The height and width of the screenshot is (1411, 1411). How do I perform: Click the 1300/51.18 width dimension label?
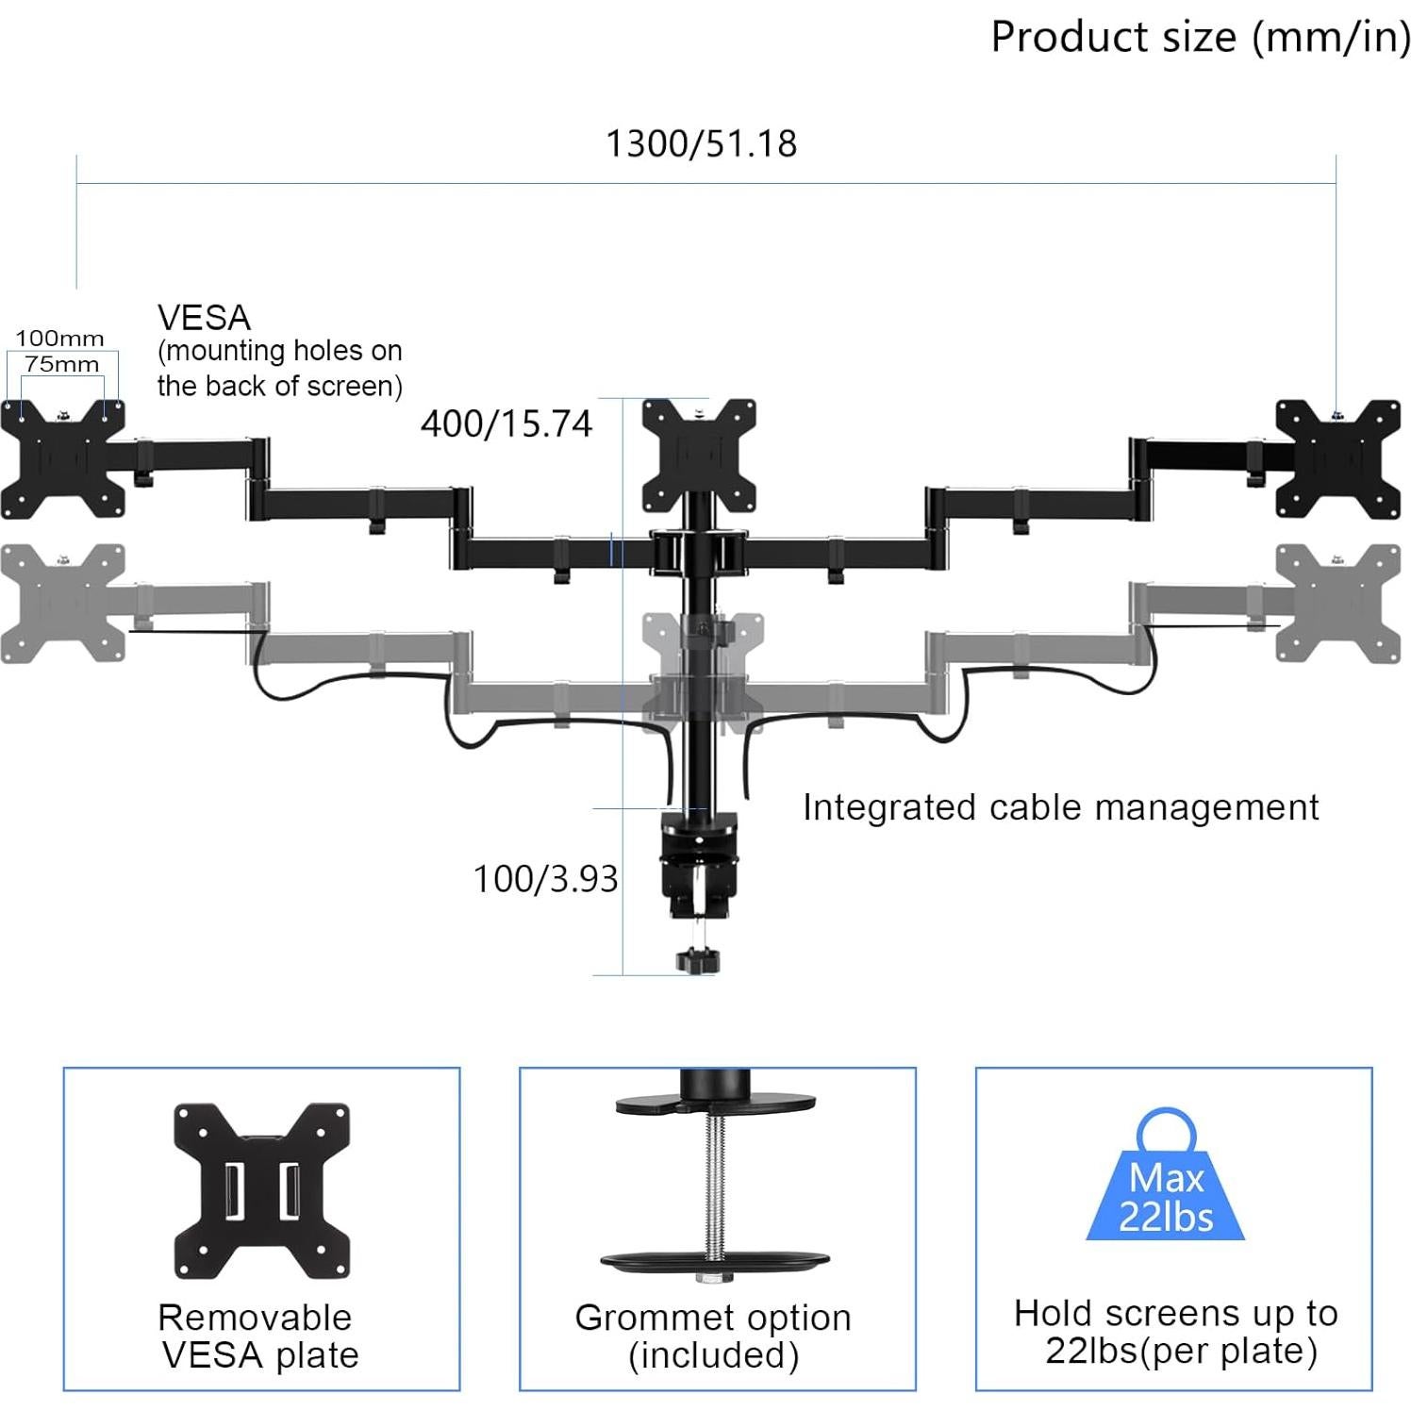[701, 144]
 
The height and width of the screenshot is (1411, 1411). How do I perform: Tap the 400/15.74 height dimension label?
[506, 424]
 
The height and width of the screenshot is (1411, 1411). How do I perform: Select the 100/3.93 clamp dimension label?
[545, 879]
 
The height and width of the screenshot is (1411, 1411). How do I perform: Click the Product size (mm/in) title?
[1200, 38]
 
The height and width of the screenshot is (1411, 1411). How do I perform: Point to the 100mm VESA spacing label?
[59, 339]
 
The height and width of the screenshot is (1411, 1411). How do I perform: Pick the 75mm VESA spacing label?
[61, 364]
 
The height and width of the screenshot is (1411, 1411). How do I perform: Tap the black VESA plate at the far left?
[62, 459]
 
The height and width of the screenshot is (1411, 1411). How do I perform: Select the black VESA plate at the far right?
[1337, 459]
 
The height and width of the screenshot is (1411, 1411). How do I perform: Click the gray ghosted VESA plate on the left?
[62, 604]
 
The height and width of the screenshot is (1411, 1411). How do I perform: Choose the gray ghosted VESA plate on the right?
[1337, 604]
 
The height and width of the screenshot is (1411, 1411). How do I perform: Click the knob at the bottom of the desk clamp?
[698, 961]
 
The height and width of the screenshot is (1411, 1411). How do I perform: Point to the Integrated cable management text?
[1060, 808]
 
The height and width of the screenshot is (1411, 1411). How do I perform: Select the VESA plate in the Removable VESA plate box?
[261, 1190]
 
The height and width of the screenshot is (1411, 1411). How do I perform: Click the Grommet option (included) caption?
[713, 1336]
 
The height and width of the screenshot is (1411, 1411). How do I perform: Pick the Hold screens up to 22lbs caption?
[1176, 1332]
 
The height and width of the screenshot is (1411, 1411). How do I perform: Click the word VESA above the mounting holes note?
[204, 318]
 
